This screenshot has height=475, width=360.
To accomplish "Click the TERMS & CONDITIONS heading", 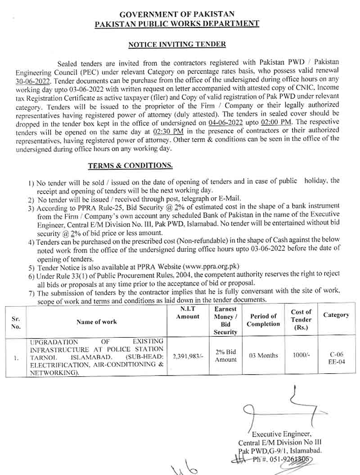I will click(130, 166).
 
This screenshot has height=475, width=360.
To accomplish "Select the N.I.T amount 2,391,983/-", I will click(188, 356).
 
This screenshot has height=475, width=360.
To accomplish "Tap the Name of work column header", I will click(96, 321).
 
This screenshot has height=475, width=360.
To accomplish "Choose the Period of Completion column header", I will click(263, 320).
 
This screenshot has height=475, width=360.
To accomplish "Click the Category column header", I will click(336, 315).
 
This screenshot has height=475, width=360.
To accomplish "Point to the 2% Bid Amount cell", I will click(225, 356).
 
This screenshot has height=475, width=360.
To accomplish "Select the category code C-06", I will click(336, 354).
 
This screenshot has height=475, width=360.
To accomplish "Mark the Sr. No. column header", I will click(16, 322).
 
